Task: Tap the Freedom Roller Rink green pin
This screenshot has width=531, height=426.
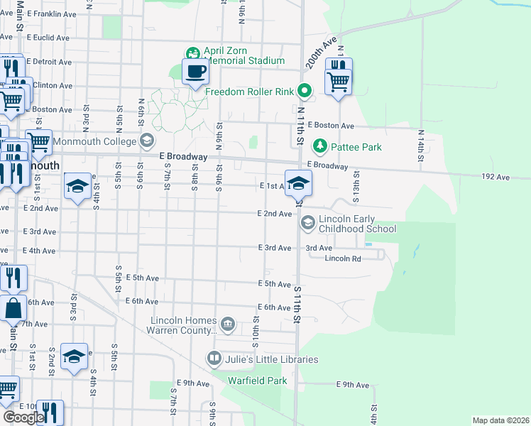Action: click(304, 90)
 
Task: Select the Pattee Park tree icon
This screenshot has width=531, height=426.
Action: click(320, 146)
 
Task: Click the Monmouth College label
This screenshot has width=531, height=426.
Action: click(97, 140)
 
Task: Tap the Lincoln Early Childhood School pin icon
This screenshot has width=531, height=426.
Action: click(307, 224)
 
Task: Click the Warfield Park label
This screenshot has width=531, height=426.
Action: click(257, 381)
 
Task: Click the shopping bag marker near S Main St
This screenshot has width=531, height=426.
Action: click(13, 309)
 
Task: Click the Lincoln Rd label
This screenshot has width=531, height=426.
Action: click(343, 258)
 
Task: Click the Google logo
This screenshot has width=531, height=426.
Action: click(23, 417)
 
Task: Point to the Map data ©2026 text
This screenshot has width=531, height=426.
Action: click(500, 420)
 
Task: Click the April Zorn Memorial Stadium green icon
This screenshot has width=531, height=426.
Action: click(192, 53)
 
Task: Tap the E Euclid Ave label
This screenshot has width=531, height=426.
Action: click(44, 37)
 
